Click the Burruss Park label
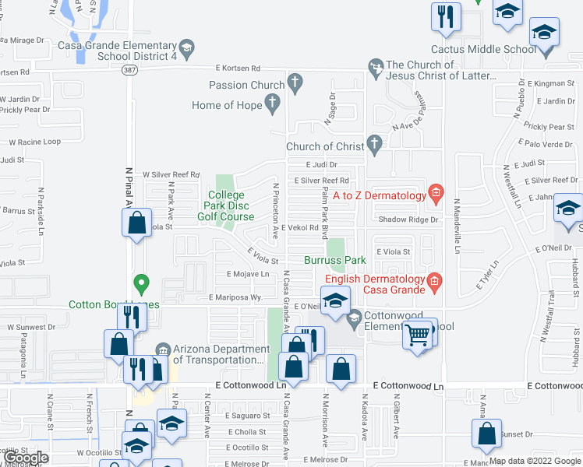point(335,259)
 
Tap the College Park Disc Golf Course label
point(226,205)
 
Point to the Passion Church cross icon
point(295,81)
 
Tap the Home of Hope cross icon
point(273,101)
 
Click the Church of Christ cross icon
point(374,143)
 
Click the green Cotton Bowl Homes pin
point(140,282)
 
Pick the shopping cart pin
point(418,335)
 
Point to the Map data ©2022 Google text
point(535,461)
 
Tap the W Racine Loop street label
point(34,142)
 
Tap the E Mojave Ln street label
point(248,274)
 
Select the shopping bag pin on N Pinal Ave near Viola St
point(137,223)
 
